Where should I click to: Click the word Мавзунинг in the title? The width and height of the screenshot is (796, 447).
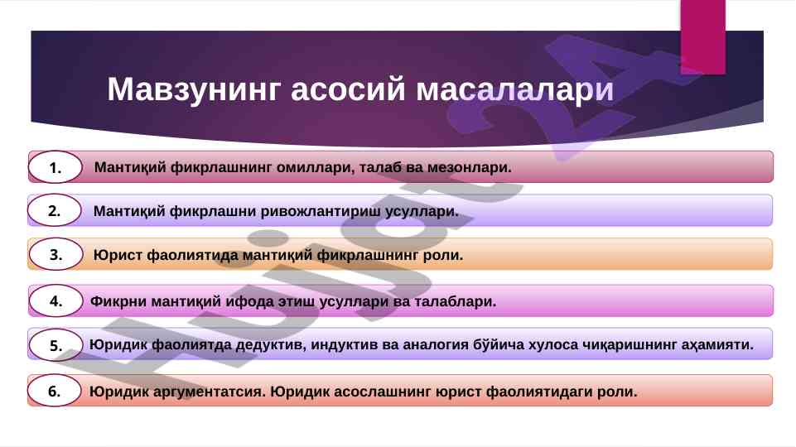193,89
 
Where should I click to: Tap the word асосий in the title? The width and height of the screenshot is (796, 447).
348,89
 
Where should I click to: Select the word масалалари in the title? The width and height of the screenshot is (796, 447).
514,89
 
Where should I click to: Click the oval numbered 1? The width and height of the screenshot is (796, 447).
55,167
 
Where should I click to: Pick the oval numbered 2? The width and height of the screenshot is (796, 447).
55,210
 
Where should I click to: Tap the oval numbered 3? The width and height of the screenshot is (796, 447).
55,254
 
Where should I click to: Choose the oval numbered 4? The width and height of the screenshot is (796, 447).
55,300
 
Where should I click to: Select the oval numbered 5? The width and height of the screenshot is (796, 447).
55,345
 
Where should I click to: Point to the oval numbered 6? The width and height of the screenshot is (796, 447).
55,391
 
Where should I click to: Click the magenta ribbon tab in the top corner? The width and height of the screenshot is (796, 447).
702,37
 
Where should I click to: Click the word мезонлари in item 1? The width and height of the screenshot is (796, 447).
469,167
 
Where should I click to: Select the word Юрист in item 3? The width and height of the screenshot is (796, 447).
118,255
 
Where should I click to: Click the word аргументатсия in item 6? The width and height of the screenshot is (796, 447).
210,392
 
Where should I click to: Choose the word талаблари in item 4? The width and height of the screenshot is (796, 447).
456,301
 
